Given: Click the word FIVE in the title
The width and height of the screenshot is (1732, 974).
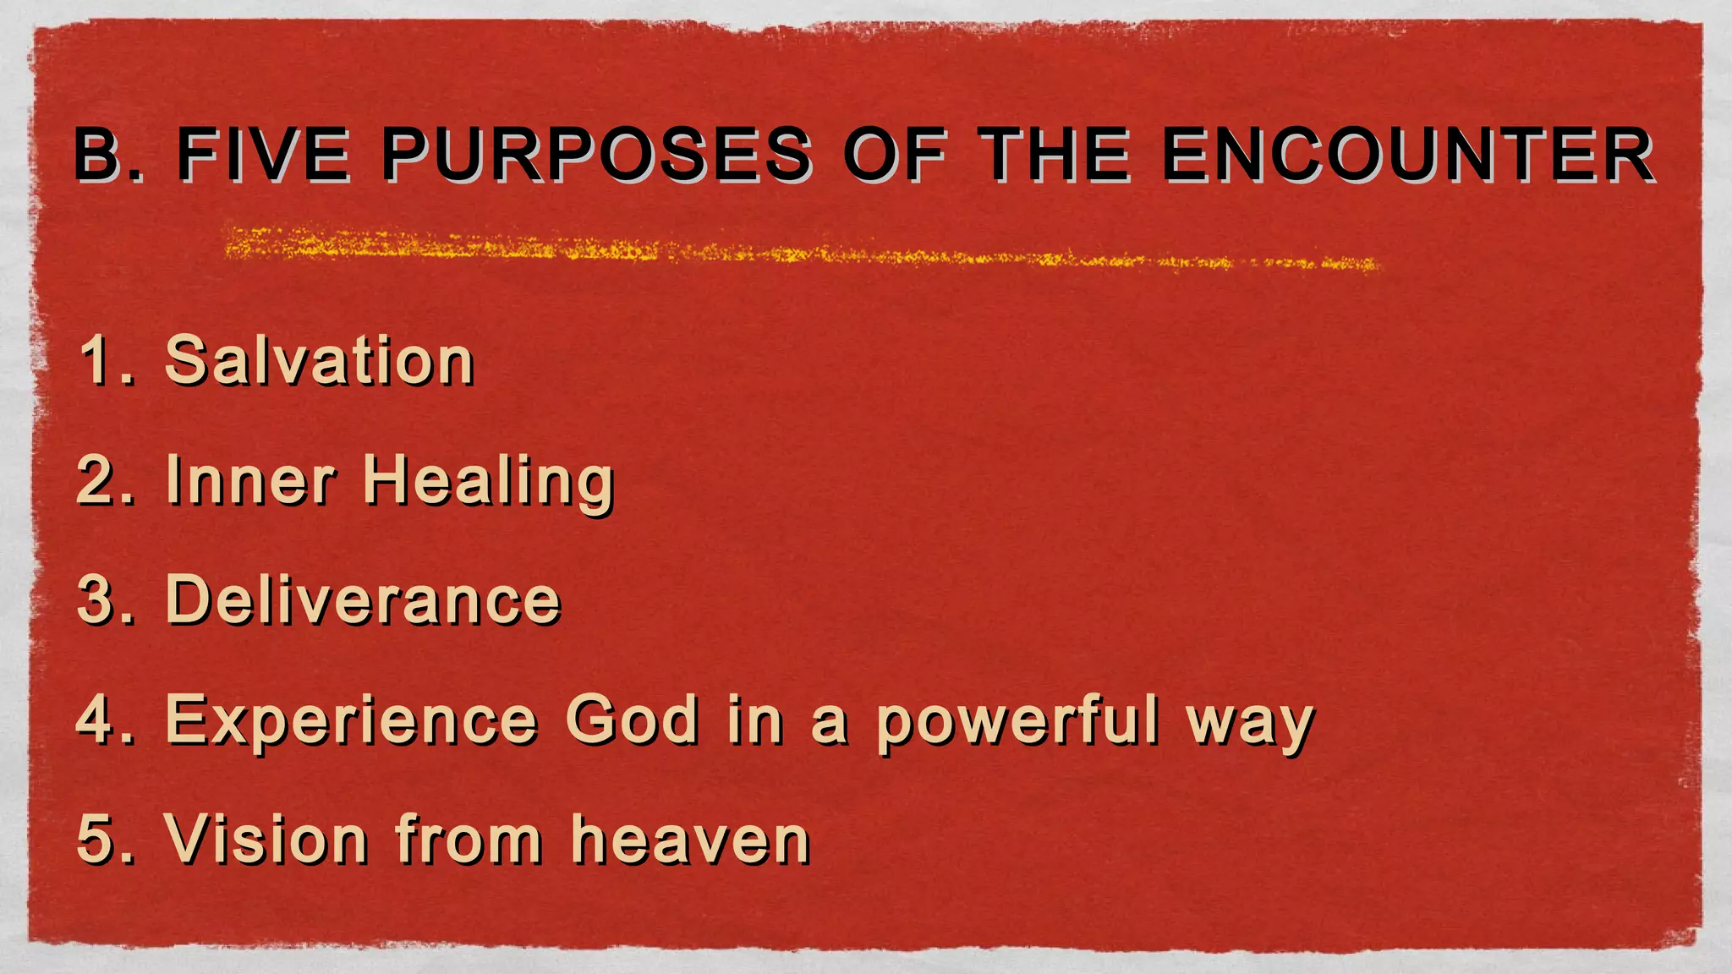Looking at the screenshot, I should tap(262, 155).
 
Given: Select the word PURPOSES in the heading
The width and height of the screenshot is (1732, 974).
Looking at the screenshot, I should tap(596, 155).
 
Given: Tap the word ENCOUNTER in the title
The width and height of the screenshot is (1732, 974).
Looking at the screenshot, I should tap(1408, 155).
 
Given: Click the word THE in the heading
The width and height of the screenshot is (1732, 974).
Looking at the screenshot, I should tap(1054, 155).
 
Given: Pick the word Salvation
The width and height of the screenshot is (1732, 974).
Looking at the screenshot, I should tap(319, 361).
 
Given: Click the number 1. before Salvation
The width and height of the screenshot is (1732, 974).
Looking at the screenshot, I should tap(107, 361).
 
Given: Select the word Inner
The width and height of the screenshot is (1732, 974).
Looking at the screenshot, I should tap(250, 480).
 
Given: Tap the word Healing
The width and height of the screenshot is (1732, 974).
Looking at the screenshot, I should tap(488, 482).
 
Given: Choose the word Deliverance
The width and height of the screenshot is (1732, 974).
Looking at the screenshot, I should tap(363, 600).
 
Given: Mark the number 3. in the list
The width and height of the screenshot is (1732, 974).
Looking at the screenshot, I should tap(107, 600).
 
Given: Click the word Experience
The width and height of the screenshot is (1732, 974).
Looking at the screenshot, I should tap(351, 721).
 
